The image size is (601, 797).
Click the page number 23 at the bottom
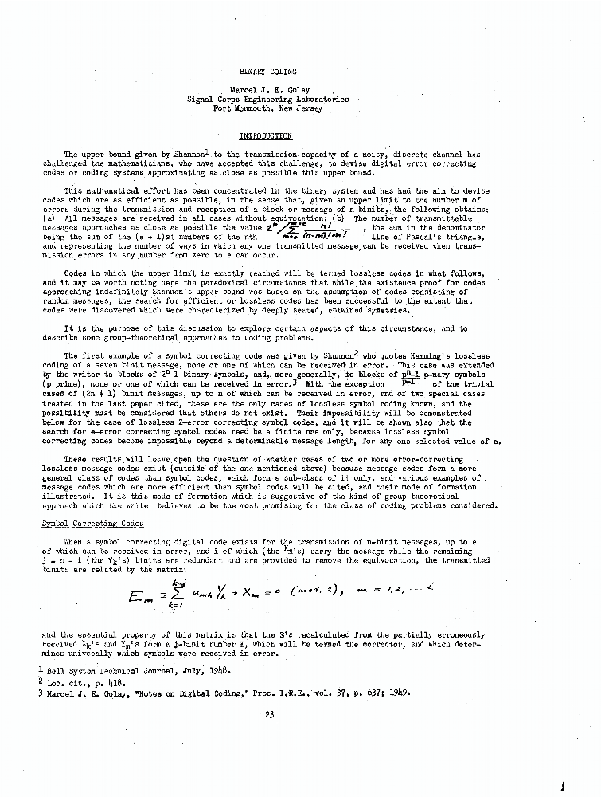(x=269, y=714)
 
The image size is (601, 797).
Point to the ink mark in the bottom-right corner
(x=563, y=784)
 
